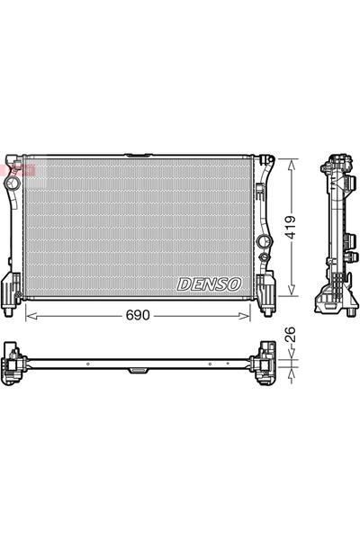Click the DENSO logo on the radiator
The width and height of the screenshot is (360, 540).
pos(209,283)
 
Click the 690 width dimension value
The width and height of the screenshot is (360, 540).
pos(136,316)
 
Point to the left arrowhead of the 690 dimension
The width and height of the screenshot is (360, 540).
pos(29,316)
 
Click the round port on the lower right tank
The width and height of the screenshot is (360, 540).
pos(264,241)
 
